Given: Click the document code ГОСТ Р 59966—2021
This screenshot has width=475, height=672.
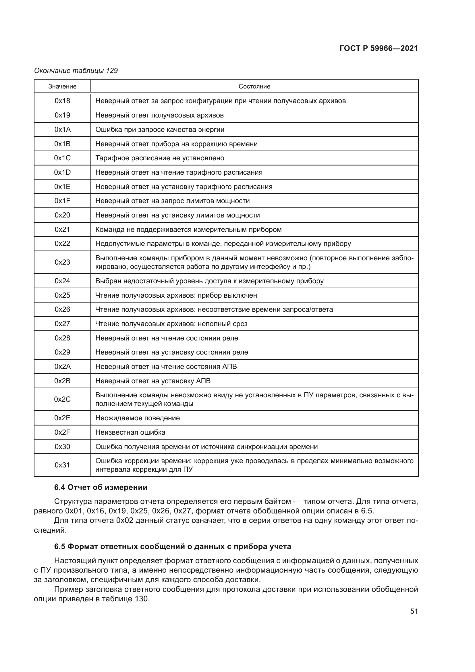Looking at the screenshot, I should [x=379, y=48].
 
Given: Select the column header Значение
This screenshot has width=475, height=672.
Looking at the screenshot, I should [x=62, y=86].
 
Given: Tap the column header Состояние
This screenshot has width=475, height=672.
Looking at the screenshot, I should [x=254, y=86].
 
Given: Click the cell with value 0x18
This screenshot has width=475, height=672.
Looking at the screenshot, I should [x=62, y=101].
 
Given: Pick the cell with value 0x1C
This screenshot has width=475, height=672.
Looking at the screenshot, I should [x=62, y=158].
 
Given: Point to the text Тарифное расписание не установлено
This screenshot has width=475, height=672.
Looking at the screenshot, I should [x=160, y=158].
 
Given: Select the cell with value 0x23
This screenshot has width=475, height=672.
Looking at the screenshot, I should [x=62, y=262].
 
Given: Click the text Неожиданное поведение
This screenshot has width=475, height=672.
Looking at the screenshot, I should [x=138, y=418].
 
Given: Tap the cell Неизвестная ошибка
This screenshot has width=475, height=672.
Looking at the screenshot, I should [x=130, y=432].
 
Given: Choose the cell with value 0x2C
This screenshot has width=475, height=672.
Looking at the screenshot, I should [x=62, y=399].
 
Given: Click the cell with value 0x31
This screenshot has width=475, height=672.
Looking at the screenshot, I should [x=62, y=465].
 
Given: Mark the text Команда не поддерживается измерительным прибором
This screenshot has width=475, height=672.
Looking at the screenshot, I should [x=188, y=230].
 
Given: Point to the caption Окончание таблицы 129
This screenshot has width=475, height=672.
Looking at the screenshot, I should [x=76, y=71].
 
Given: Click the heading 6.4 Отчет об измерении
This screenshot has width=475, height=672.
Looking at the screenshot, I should [x=101, y=487].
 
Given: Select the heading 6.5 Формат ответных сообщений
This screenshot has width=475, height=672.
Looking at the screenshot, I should [x=173, y=546].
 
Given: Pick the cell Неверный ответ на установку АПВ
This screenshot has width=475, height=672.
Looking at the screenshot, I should [x=153, y=381].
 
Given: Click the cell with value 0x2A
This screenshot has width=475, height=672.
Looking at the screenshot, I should [x=62, y=366].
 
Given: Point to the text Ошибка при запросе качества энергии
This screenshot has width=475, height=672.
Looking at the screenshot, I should [x=160, y=129].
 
